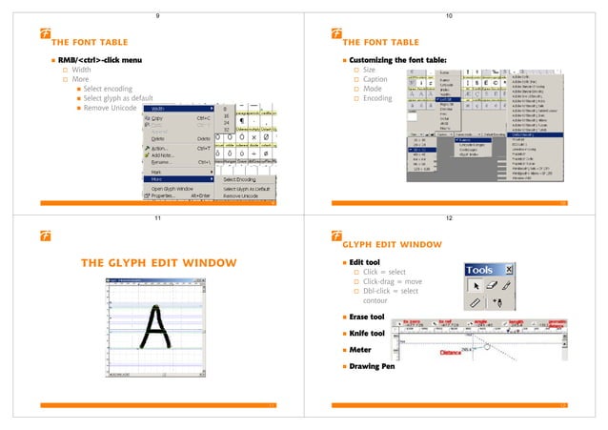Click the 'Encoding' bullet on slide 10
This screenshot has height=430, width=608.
379,98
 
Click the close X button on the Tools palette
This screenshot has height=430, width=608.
507,270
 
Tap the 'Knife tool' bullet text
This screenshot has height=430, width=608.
367,333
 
